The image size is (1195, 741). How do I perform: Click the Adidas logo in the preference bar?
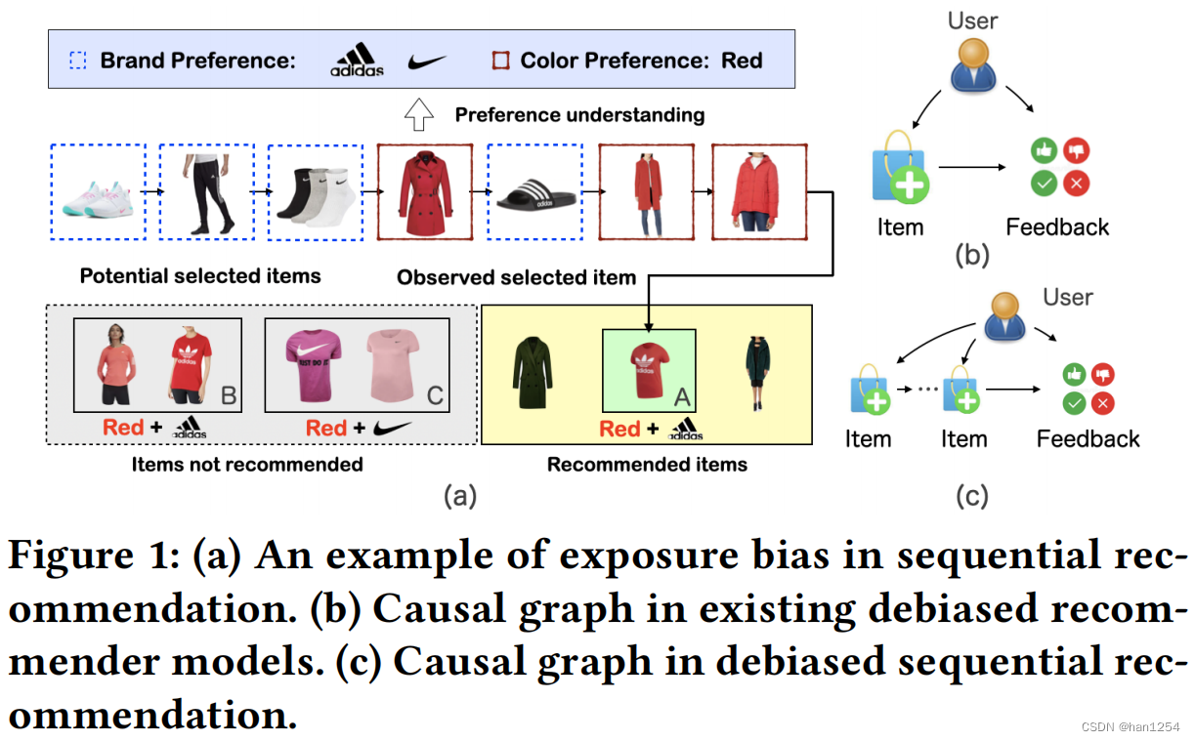click(x=357, y=60)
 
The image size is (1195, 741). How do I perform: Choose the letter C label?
click(x=435, y=394)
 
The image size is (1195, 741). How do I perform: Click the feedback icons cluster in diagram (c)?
click(x=1088, y=388)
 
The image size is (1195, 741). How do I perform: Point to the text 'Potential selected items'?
click(x=200, y=276)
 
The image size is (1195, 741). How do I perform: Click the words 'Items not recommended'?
click(x=246, y=465)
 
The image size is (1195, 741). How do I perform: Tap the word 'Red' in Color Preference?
click(x=742, y=61)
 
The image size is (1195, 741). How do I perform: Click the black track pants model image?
click(x=206, y=193)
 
